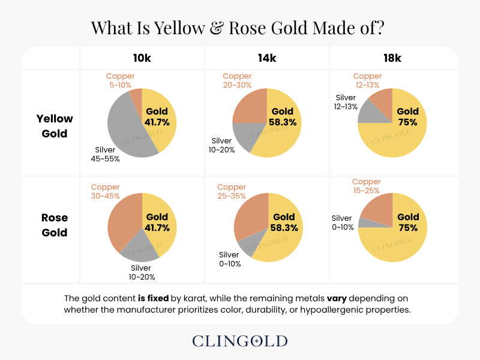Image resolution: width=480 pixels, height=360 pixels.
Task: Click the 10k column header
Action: pyautogui.click(x=142, y=58)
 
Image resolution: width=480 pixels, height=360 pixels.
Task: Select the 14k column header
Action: pyautogui.click(x=268, y=58)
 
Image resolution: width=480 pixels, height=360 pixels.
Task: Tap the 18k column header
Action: pyautogui.click(x=392, y=58)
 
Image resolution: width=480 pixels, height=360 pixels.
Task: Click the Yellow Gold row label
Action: pyautogui.click(x=55, y=126)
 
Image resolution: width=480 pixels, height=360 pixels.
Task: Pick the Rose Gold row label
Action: pyautogui.click(x=55, y=225)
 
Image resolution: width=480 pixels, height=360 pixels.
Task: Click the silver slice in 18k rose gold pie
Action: pyautogui.click(x=363, y=222)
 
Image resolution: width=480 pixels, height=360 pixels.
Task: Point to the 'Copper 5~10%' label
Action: pyautogui.click(x=120, y=80)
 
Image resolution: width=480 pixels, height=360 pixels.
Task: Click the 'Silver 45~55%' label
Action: pyautogui.click(x=107, y=154)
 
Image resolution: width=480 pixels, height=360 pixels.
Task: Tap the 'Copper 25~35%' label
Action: pyautogui.click(x=232, y=191)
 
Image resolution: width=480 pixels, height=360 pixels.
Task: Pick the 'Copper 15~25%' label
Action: pyautogui.click(x=367, y=186)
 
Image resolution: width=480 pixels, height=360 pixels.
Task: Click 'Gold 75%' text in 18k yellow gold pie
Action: pyautogui.click(x=408, y=116)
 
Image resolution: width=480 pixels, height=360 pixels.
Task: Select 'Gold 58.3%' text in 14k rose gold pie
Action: pyautogui.click(x=284, y=222)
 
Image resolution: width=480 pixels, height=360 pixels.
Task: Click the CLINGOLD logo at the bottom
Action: pyautogui.click(x=240, y=341)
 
